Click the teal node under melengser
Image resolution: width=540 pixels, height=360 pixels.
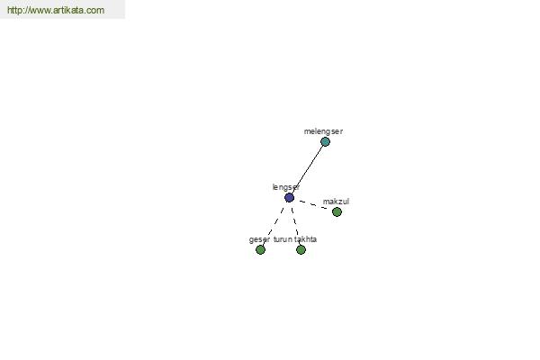coord(325,141)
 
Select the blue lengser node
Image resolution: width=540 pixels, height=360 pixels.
coord(289,197)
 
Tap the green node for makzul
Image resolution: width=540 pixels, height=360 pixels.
coord(337,211)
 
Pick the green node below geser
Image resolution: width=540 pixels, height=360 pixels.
coord(260,250)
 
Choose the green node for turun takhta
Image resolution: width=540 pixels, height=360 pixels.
coord(301,250)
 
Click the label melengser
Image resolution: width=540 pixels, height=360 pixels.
coord(323,131)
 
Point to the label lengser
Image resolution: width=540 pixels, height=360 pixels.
coord(286,187)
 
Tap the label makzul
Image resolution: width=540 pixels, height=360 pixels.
coord(336,202)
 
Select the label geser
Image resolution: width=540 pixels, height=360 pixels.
coord(259,239)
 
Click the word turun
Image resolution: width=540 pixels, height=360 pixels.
coord(283,239)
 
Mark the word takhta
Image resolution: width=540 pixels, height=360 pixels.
coord(305,239)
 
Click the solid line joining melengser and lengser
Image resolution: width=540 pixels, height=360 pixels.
coord(307,169)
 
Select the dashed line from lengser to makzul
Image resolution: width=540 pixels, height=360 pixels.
coord(313,204)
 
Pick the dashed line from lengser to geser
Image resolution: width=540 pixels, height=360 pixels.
coord(274,226)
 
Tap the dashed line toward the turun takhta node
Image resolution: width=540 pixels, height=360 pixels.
coord(295,225)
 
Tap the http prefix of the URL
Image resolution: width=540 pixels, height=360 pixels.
coord(13,10)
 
